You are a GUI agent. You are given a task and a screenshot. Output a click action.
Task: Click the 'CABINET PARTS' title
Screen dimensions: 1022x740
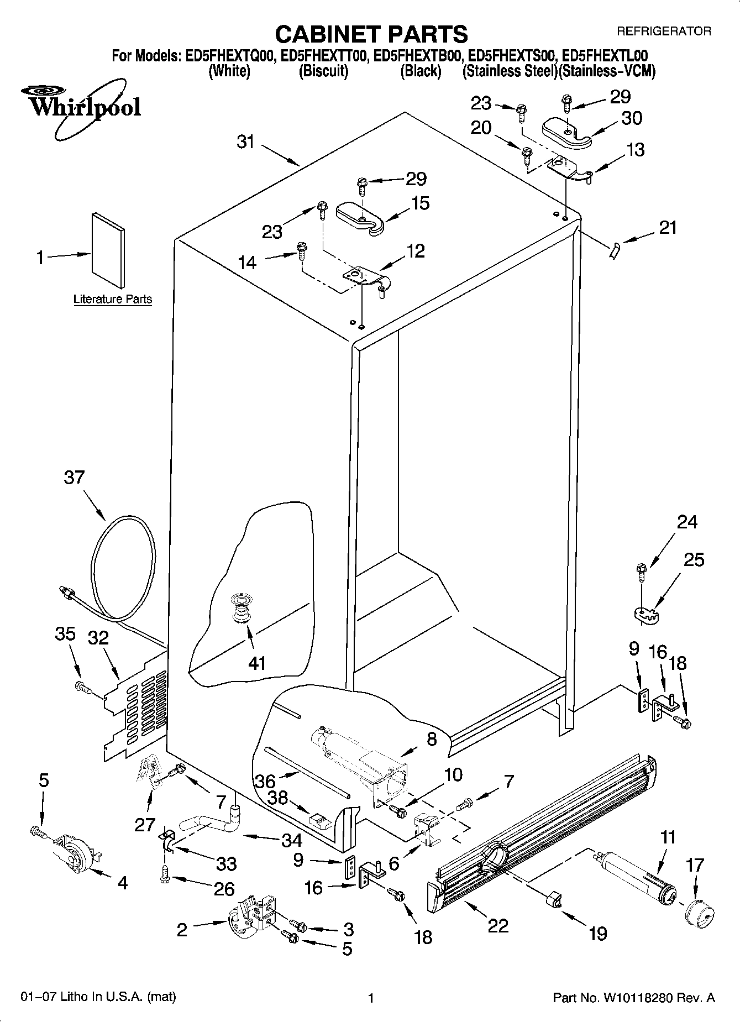click(371, 34)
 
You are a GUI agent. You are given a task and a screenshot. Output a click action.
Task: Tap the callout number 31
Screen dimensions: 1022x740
click(245, 142)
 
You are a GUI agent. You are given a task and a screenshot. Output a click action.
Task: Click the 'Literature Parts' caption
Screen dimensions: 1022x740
click(113, 299)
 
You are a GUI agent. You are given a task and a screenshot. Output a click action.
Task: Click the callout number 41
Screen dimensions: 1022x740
click(258, 663)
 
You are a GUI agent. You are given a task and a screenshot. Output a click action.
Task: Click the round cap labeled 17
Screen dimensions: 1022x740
click(699, 913)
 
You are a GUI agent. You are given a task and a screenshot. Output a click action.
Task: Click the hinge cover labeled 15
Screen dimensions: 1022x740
click(360, 217)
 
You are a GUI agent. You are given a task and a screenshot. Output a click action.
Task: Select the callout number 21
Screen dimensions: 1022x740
click(668, 227)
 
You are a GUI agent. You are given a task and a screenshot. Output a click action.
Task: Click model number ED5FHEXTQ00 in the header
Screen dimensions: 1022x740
click(230, 56)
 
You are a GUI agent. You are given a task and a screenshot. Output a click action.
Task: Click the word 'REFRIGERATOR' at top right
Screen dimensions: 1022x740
click(664, 32)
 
